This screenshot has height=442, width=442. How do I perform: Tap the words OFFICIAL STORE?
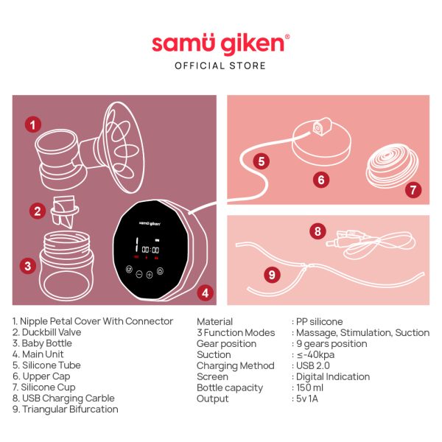(220, 66)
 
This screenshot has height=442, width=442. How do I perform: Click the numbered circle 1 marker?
(32, 124)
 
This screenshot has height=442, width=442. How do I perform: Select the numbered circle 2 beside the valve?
(38, 211)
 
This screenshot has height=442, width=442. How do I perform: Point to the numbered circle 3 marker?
(28, 265)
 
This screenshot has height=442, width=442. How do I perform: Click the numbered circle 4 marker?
(206, 292)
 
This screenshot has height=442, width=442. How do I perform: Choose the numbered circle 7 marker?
(413, 189)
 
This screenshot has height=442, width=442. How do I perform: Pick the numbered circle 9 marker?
(272, 275)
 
